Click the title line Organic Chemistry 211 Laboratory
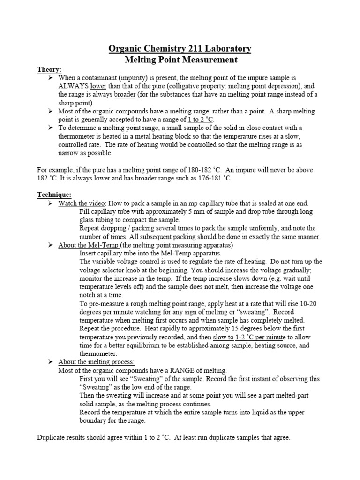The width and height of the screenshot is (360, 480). coord(180,49)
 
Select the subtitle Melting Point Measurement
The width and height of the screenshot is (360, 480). coord(180,60)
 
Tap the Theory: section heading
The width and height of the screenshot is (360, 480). coord(49,69)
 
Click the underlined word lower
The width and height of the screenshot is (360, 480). coord(98,86)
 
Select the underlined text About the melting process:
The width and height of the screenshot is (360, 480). coord(96,362)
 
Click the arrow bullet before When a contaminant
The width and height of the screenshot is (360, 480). coord(51,77)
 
